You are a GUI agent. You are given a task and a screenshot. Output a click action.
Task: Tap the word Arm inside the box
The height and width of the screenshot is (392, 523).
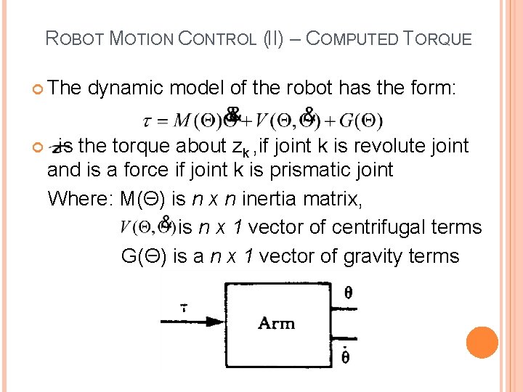tap(276, 322)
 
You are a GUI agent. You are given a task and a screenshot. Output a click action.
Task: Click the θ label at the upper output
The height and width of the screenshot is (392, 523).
tap(348, 293)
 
